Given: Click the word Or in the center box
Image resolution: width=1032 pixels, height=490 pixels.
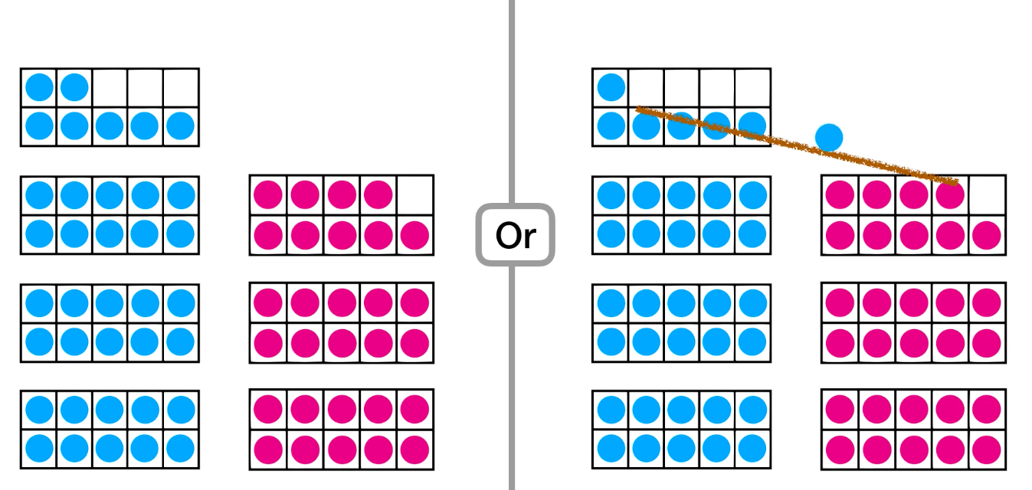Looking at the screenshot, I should (515, 236).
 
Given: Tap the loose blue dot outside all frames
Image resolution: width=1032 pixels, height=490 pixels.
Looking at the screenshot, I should (829, 138).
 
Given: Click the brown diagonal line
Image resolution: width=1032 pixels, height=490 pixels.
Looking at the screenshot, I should (797, 146).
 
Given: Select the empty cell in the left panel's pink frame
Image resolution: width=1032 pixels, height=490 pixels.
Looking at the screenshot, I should (414, 194).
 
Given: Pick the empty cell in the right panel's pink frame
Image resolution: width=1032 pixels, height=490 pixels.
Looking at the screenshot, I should (987, 194).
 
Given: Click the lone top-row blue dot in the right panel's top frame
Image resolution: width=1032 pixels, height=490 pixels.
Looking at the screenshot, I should (611, 87).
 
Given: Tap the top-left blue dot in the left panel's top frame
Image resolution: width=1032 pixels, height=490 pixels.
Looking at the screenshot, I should (39, 87).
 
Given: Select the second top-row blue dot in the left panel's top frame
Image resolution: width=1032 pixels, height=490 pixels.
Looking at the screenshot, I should (74, 87).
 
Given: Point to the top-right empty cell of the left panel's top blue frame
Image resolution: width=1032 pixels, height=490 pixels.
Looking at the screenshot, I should (181, 87).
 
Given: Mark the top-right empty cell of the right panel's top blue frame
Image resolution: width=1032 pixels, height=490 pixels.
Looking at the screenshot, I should (752, 87).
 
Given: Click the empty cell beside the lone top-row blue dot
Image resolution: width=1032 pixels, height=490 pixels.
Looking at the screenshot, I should (646, 86).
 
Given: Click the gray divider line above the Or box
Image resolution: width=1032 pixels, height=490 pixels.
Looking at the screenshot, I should (512, 100).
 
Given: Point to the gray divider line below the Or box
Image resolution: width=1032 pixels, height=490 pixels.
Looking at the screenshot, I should (512, 383).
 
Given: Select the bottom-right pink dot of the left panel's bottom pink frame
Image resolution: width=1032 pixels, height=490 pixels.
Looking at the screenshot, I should (414, 449).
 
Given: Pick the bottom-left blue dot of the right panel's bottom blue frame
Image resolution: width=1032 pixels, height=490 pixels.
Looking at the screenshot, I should (611, 449).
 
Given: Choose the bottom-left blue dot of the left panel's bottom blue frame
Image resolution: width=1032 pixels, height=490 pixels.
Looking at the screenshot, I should (39, 449).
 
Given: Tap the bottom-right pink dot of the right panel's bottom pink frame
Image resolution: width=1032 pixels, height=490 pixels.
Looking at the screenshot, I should (987, 449).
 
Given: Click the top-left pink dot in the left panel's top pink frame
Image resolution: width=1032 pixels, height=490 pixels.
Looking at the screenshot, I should (267, 194).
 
